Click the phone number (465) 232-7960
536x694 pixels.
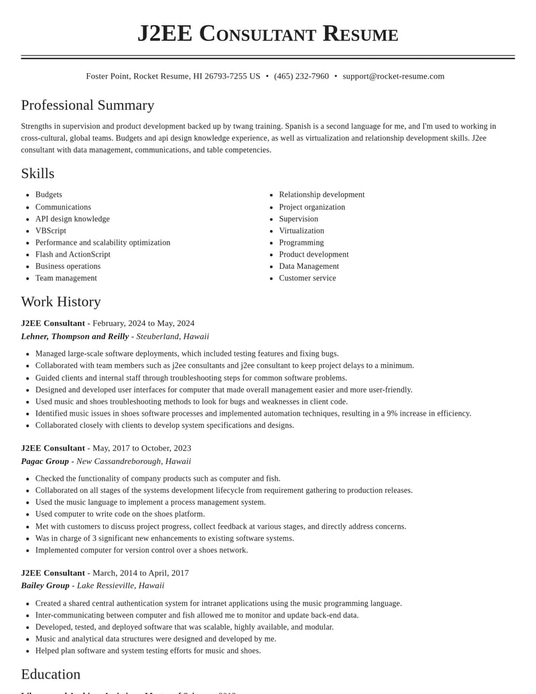click(x=301, y=76)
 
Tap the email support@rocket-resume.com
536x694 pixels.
click(x=393, y=76)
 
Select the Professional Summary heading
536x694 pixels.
click(x=88, y=105)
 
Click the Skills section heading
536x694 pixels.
click(x=38, y=174)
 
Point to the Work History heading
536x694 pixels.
click(x=61, y=302)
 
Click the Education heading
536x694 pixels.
click(x=51, y=675)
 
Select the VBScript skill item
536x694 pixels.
click(x=51, y=231)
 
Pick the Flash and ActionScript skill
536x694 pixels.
click(x=73, y=255)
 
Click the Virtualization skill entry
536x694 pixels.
click(x=301, y=231)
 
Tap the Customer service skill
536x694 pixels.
click(x=308, y=278)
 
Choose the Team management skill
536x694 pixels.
click(x=66, y=278)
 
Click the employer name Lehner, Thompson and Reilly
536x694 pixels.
click(x=75, y=337)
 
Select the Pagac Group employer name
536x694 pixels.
click(x=45, y=461)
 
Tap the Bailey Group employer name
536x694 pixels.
click(x=45, y=585)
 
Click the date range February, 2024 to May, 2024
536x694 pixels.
click(x=143, y=323)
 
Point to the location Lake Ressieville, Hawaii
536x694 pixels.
click(x=121, y=585)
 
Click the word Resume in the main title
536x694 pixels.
click(x=360, y=34)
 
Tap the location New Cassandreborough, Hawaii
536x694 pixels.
click(x=133, y=461)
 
